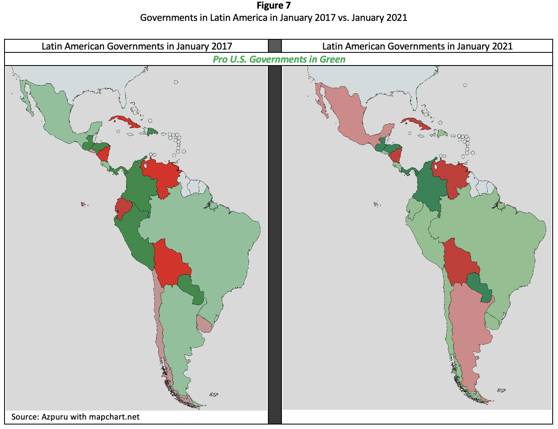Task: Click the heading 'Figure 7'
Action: click(273, 6)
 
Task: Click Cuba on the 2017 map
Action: click(125, 121)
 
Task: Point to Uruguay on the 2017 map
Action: click(204, 324)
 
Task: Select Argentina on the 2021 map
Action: click(467, 327)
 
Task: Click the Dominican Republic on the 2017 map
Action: click(152, 131)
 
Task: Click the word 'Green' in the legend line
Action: click(332, 59)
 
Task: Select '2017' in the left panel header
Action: click(221, 46)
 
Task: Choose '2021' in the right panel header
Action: click(501, 46)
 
